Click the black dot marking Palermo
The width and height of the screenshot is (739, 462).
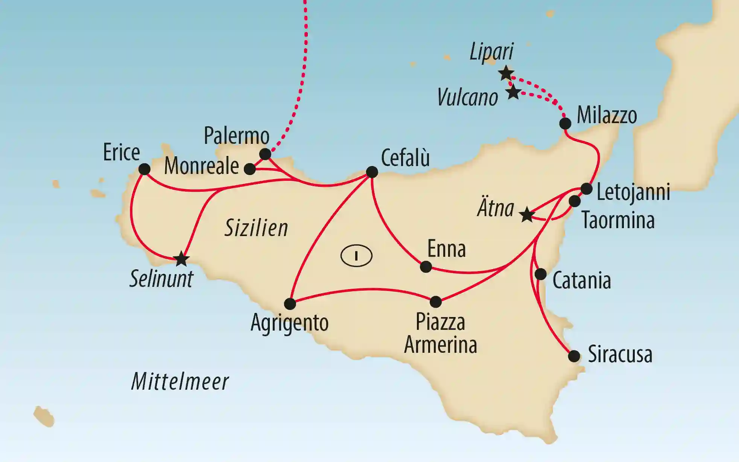(x=265, y=154)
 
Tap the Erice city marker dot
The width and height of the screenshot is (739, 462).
(x=144, y=169)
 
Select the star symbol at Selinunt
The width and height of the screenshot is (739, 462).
(x=181, y=259)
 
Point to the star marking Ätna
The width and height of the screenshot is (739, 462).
(x=527, y=215)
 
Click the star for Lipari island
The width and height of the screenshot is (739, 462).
(x=506, y=73)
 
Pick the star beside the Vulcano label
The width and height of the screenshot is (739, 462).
(x=513, y=92)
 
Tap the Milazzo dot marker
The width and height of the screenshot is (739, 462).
(x=565, y=124)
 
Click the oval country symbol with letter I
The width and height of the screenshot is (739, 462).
(x=356, y=256)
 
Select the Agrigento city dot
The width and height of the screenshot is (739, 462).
(x=290, y=303)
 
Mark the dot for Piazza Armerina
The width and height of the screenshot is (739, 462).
(x=435, y=302)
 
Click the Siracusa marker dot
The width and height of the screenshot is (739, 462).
(x=574, y=356)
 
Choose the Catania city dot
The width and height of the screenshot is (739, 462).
(x=540, y=274)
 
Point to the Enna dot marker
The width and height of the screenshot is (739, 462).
(x=426, y=267)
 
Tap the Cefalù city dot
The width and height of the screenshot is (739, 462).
(x=372, y=172)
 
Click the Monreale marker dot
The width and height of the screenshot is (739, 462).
(x=250, y=169)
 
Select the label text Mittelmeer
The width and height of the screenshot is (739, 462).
(x=180, y=381)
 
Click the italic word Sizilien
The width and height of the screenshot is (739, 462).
(x=256, y=228)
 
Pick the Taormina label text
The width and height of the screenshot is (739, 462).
(x=618, y=220)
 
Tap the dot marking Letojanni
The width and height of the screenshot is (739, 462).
(x=587, y=189)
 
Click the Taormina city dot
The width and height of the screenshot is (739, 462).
(x=575, y=201)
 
